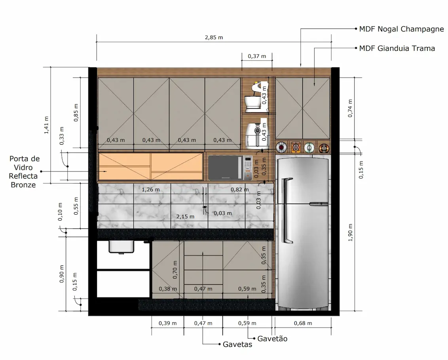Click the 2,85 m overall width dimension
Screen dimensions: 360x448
pyautogui.click(x=214, y=37)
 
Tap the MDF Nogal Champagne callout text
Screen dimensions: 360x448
pyautogui.click(x=401, y=29)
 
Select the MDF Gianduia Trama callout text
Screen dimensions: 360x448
pyautogui.click(x=397, y=48)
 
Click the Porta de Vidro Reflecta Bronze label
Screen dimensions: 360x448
pyautogui.click(x=24, y=171)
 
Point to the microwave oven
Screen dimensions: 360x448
pyautogui.click(x=230, y=168)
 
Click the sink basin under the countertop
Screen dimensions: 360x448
pyautogui.click(x=122, y=247)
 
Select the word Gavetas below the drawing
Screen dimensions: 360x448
pyautogui.click(x=237, y=344)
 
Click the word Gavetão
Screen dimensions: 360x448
pyautogui.click(x=272, y=339)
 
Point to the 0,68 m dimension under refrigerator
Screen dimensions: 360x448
pyautogui.click(x=304, y=323)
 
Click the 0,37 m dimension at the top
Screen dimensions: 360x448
pyautogui.click(x=257, y=56)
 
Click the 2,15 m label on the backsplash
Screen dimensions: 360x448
pyautogui.click(x=186, y=216)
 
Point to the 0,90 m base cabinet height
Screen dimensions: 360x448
pyautogui.click(x=62, y=274)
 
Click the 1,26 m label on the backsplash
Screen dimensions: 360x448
pyautogui.click(x=151, y=189)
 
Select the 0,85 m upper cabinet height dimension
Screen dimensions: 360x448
pyautogui.click(x=76, y=112)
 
